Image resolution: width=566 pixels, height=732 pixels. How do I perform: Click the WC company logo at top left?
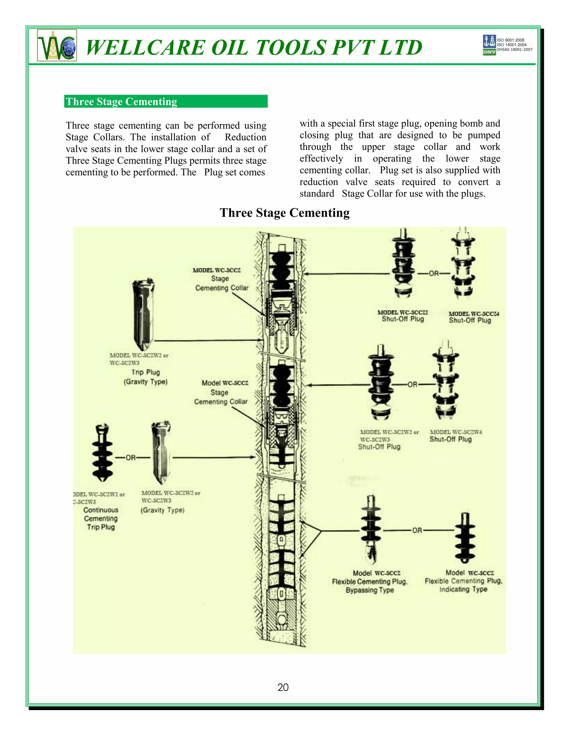click(x=57, y=45)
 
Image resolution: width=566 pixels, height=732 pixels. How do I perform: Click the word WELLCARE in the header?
click(x=145, y=47)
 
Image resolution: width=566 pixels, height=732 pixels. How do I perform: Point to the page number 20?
click(x=283, y=687)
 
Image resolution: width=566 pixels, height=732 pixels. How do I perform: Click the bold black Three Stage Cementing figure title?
click(x=284, y=213)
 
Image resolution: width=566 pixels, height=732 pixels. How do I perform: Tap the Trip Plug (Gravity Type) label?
click(x=146, y=377)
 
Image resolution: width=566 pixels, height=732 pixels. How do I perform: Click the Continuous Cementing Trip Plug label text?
click(x=101, y=518)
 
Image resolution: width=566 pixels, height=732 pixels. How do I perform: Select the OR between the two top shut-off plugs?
click(x=434, y=273)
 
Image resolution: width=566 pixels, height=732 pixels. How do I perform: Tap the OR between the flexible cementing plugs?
click(x=417, y=530)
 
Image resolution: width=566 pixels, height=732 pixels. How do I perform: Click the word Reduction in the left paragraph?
click(x=245, y=137)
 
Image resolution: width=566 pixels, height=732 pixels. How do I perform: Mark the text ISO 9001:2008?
click(x=510, y=40)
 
